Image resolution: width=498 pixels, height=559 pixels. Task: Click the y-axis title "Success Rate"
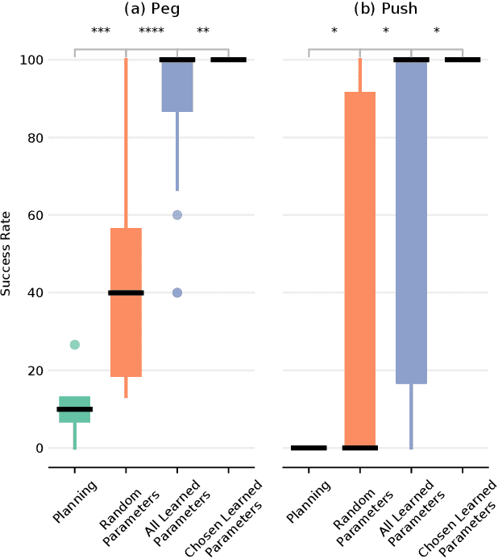(7, 254)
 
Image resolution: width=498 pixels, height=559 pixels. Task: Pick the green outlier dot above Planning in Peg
(75, 345)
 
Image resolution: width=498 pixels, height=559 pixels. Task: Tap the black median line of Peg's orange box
(126, 292)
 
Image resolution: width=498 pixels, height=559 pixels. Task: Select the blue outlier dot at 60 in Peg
(177, 215)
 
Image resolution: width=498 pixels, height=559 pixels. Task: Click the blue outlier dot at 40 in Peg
(177, 292)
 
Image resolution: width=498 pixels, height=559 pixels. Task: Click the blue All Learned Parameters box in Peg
(177, 89)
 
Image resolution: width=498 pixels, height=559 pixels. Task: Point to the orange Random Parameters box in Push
(360, 266)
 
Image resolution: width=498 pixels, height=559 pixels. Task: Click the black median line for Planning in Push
(309, 448)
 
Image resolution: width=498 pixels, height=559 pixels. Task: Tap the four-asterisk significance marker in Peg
(151, 31)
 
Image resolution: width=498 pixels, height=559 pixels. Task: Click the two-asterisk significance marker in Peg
(203, 31)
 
